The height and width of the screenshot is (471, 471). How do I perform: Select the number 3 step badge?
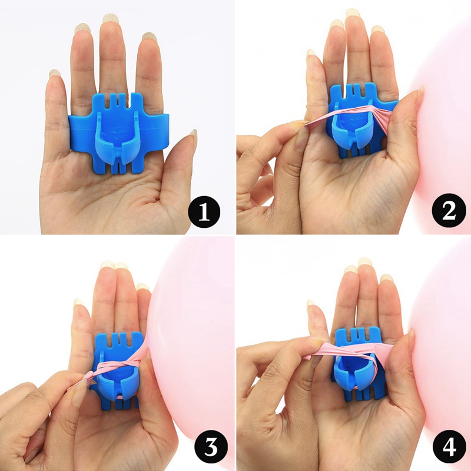coord(204,448)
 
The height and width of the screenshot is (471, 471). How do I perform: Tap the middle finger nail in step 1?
coord(110,19)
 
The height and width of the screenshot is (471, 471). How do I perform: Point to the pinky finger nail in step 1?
coord(55,74)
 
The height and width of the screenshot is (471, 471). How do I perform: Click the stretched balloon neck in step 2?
coord(347,115)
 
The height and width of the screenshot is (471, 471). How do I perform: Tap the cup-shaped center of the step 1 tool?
coord(118,132)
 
